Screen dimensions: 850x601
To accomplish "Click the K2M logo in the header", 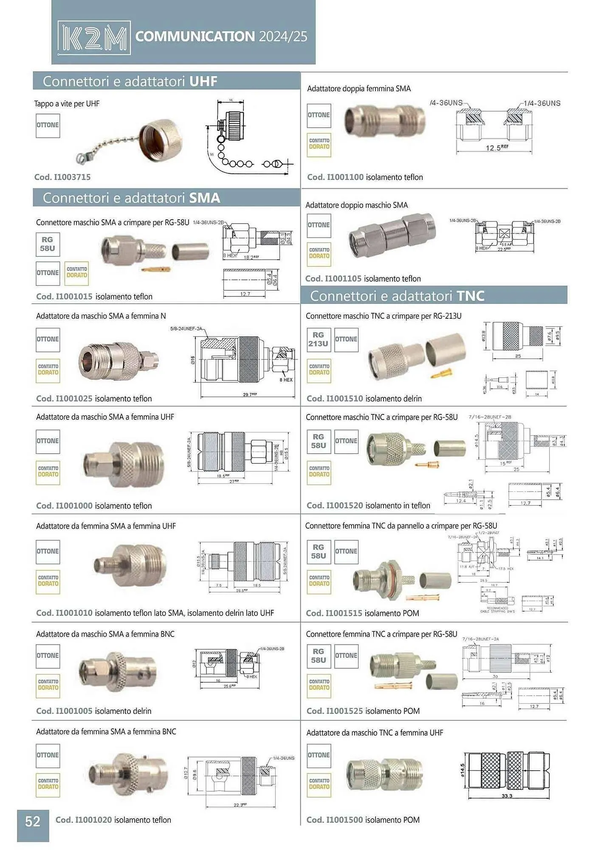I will click(x=94, y=38).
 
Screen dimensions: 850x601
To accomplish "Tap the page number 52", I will click(x=33, y=821).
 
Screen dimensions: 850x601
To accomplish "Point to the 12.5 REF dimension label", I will click(x=496, y=147).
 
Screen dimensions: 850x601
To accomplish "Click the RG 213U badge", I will click(x=318, y=339).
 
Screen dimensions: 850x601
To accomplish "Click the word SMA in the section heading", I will click(x=204, y=198).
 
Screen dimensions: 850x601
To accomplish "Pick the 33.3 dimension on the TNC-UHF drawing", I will click(x=507, y=796).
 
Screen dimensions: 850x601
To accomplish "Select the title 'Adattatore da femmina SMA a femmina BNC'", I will click(x=106, y=731).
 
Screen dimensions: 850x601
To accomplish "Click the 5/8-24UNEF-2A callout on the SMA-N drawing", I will click(x=186, y=329).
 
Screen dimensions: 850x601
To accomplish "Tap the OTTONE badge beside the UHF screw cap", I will click(x=48, y=125).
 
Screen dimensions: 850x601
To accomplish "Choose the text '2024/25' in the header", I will click(x=283, y=37).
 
